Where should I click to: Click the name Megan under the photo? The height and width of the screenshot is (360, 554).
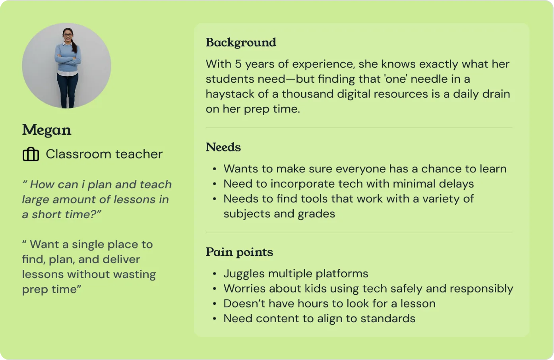pyautogui.click(x=46, y=130)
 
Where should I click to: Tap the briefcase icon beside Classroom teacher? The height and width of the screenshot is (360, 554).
pyautogui.click(x=31, y=154)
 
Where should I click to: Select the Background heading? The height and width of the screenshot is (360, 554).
pyautogui.click(x=241, y=42)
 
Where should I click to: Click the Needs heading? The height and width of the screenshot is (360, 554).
pyautogui.click(x=223, y=147)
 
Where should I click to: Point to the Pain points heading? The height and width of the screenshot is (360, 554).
pyautogui.click(x=239, y=252)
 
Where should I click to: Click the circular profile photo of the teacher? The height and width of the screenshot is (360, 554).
pyautogui.click(x=66, y=66)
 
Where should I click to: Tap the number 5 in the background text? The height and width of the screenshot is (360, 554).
pyautogui.click(x=238, y=64)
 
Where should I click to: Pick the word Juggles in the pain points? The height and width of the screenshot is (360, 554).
pyautogui.click(x=244, y=274)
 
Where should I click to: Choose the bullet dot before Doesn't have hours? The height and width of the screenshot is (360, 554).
pyautogui.click(x=215, y=304)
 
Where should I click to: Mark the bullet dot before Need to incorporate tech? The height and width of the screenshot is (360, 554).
pyautogui.click(x=215, y=184)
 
